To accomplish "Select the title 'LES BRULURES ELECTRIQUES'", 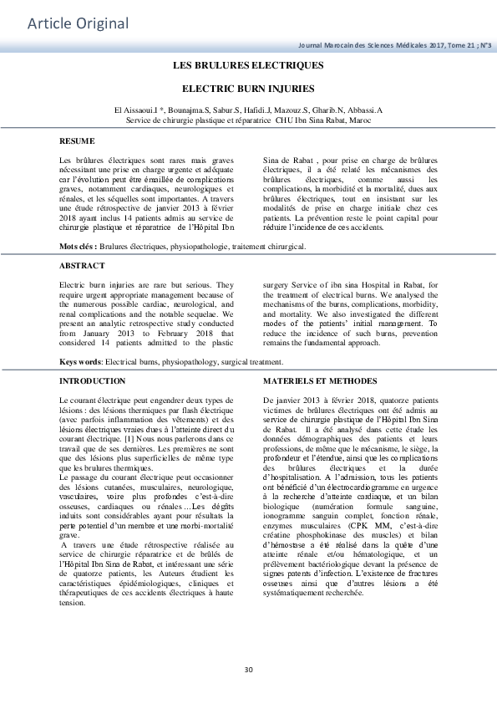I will (248, 64).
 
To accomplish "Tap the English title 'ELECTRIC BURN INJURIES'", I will (248, 87).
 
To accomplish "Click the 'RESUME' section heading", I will (77, 140).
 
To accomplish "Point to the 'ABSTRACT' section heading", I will (82, 266).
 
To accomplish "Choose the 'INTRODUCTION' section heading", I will (93, 381).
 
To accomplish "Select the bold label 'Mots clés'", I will (77, 247).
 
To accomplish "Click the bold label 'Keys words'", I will (79, 362).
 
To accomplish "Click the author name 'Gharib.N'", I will (325, 110).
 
